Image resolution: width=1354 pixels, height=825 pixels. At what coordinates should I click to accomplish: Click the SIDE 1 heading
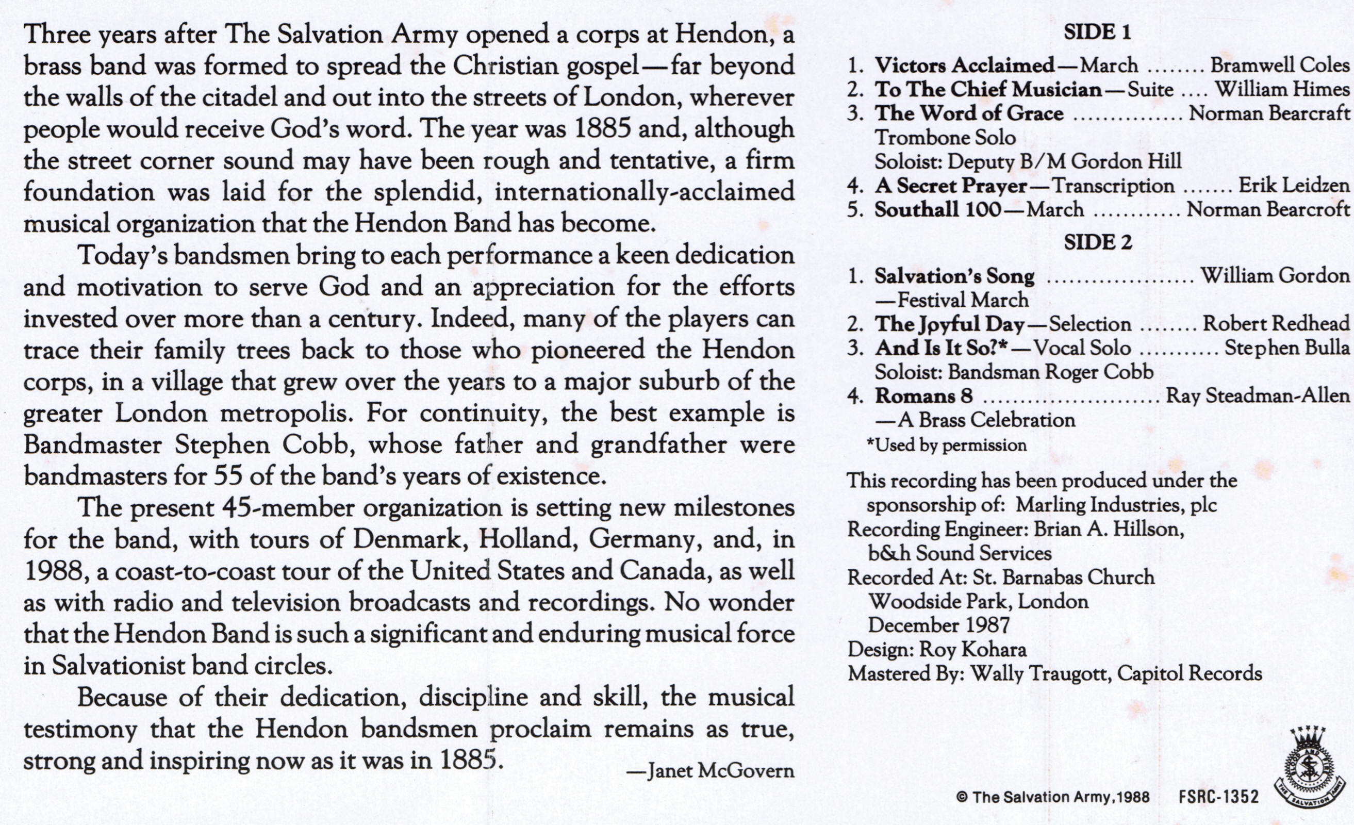(x=1097, y=33)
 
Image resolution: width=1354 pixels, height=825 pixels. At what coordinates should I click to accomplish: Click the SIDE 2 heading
(x=1097, y=242)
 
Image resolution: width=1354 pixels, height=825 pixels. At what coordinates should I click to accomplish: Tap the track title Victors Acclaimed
(x=964, y=65)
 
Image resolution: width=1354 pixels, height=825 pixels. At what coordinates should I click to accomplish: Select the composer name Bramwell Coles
(x=1280, y=65)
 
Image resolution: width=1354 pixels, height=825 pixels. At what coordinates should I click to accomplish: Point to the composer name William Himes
(x=1282, y=89)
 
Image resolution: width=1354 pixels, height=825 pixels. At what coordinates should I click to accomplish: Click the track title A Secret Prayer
(x=951, y=186)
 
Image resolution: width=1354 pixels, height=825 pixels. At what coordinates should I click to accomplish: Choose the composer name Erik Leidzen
(x=1294, y=186)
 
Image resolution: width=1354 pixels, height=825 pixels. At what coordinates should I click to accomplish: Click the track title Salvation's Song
(x=954, y=276)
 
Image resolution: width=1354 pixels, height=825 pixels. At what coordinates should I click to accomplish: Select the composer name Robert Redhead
(x=1276, y=324)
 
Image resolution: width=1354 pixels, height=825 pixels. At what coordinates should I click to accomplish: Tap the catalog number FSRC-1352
(x=1218, y=797)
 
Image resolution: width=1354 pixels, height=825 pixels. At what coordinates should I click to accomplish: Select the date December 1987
(x=938, y=625)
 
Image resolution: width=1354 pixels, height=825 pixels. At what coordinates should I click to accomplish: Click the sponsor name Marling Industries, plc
(x=1116, y=505)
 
